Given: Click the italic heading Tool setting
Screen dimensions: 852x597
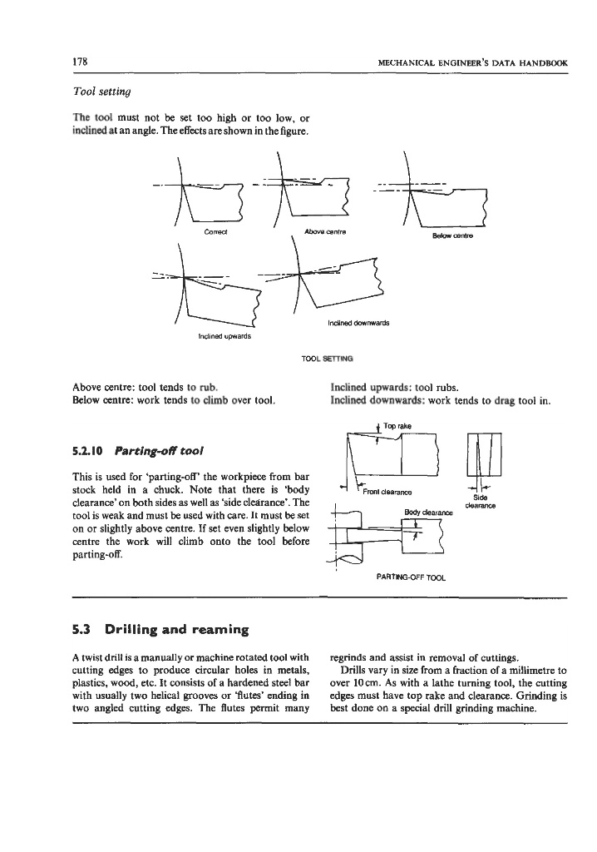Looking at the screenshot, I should click(x=102, y=90).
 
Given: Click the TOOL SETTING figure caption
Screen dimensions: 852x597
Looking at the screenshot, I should click(x=321, y=359).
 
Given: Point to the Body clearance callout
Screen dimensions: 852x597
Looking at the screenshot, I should click(x=421, y=513).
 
